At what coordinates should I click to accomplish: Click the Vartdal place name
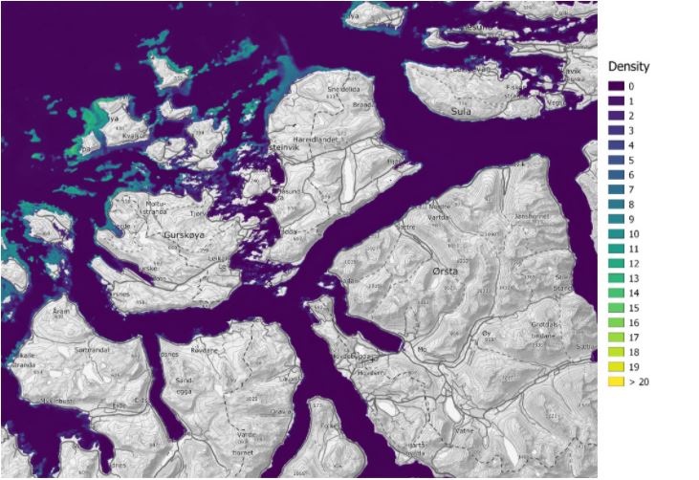point(438,217)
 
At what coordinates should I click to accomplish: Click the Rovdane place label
point(206,351)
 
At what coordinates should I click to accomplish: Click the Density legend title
point(629,67)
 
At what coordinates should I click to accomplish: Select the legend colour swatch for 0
point(618,86)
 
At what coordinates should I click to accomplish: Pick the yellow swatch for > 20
point(618,382)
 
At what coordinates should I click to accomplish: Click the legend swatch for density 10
point(618,234)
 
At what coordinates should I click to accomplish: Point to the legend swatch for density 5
point(618,161)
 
